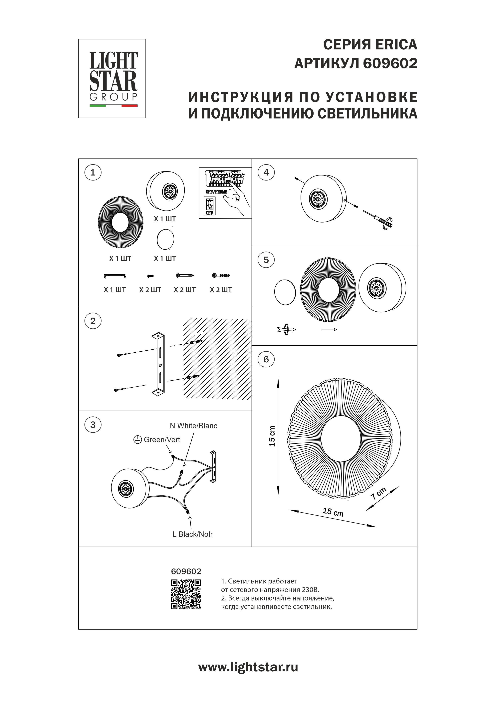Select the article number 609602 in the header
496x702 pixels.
point(390,64)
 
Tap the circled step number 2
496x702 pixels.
point(93,321)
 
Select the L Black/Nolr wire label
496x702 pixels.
point(192,534)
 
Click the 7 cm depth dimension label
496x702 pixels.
point(379,493)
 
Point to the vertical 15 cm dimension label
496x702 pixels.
point(272,436)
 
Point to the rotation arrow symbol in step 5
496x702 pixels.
point(286,330)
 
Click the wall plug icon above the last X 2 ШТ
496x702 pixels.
point(221,276)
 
